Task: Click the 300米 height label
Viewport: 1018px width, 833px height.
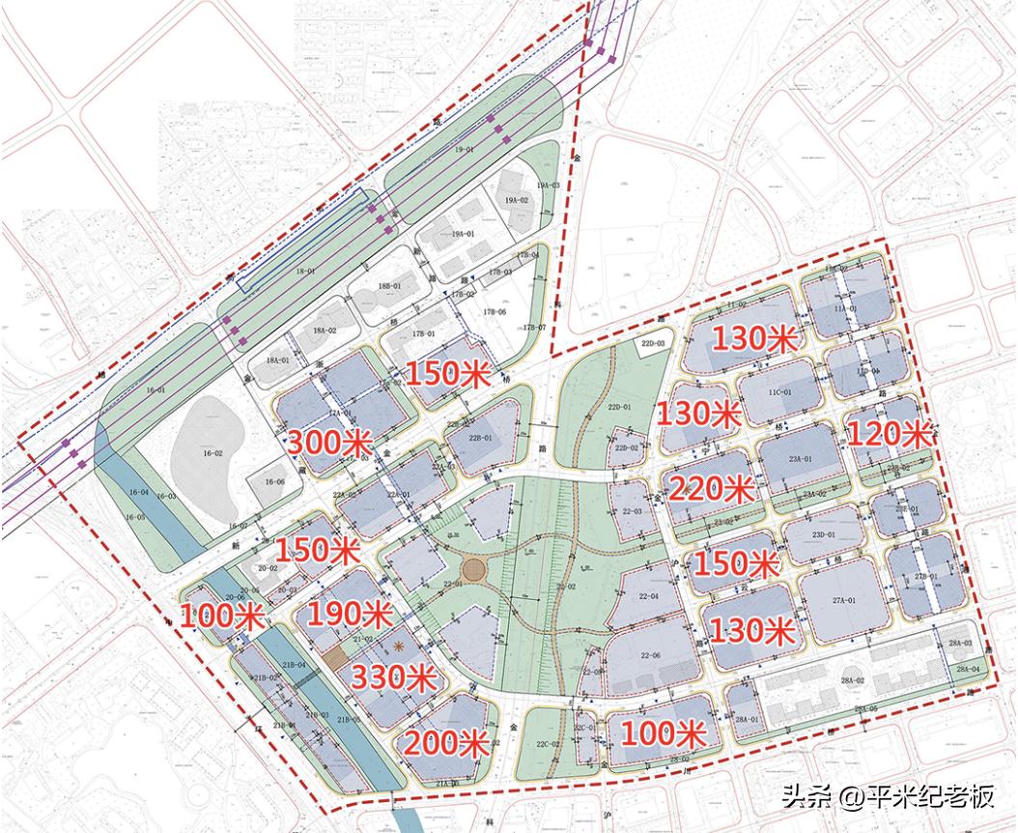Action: [329, 444]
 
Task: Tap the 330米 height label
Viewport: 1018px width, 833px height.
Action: [390, 677]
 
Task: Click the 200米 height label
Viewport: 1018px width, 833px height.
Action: [445, 743]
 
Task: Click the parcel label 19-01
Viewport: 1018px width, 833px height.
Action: [465, 151]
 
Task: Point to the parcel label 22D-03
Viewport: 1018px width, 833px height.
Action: [656, 344]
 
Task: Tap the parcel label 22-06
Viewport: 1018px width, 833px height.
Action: [648, 656]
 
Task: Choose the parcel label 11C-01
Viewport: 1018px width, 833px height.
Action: [779, 392]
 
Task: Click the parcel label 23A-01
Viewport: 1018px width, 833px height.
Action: [801, 459]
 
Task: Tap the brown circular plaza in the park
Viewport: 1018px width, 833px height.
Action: [475, 567]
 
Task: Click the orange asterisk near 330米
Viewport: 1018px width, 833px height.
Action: [398, 646]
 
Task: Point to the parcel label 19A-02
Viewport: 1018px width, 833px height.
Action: [518, 200]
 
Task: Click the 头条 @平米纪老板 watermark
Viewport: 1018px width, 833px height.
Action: [888, 797]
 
